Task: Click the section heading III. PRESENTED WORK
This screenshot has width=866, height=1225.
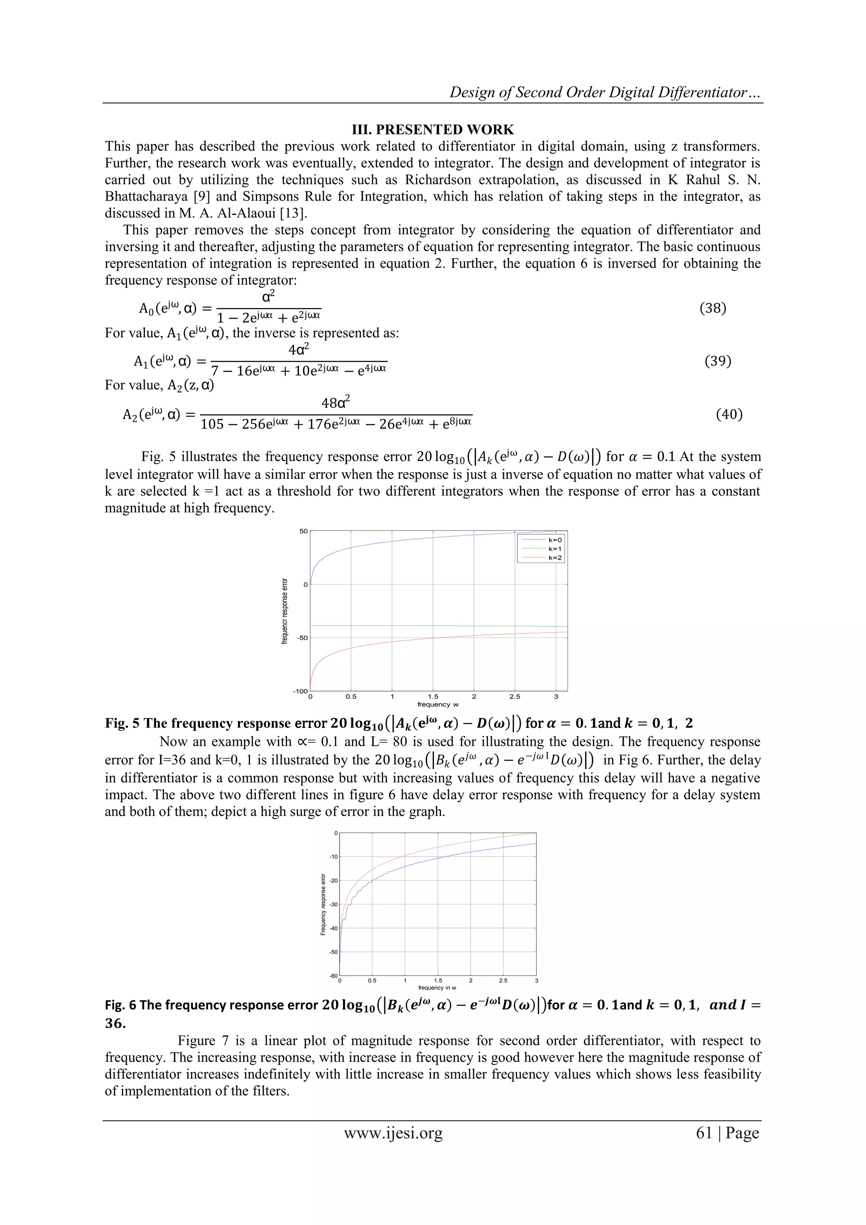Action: tap(433, 130)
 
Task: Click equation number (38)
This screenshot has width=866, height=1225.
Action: tap(713, 308)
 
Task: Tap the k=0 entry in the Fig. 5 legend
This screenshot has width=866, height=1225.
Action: tap(555, 540)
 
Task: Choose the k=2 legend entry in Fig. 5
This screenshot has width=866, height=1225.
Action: tap(555, 558)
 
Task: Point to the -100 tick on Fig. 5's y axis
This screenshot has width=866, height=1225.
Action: tap(300, 692)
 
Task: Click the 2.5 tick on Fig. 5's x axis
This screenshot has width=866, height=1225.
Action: tap(515, 697)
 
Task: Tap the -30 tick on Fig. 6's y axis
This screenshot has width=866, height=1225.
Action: tap(334, 904)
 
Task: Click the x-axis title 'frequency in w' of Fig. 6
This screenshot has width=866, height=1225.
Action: tap(437, 988)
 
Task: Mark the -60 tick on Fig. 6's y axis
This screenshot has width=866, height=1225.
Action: tap(334, 976)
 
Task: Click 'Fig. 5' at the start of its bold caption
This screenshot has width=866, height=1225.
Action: tap(122, 723)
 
